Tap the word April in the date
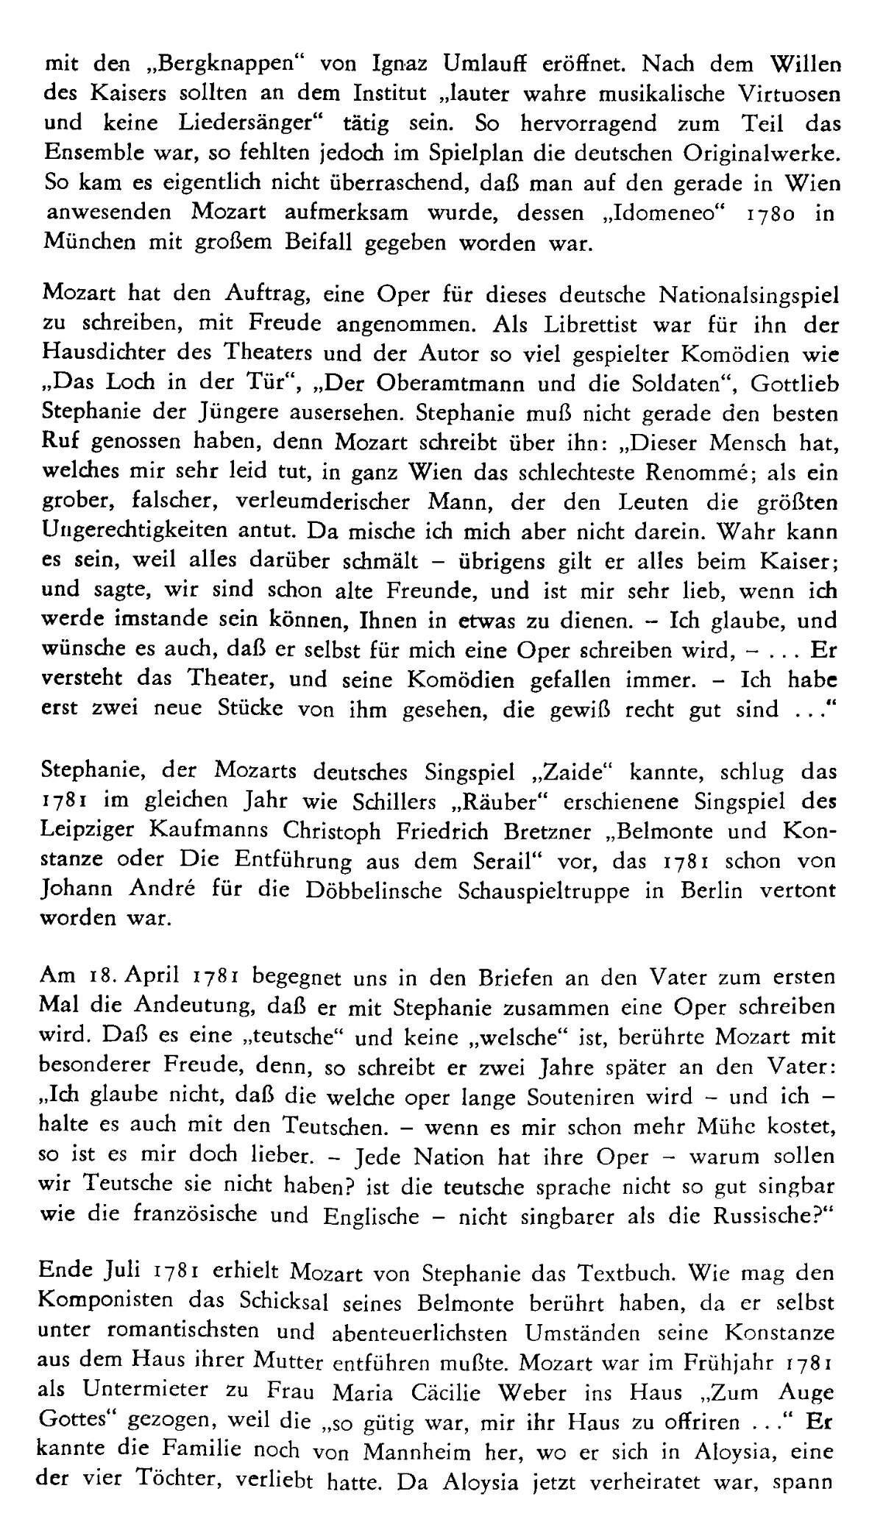pyautogui.click(x=154, y=978)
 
